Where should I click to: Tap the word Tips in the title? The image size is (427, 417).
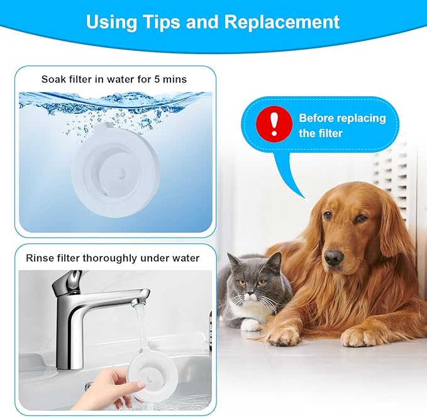(157, 21)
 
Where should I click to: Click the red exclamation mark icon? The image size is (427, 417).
(273, 125)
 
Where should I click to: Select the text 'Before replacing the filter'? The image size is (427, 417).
(341, 125)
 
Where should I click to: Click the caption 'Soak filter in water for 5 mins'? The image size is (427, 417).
(114, 79)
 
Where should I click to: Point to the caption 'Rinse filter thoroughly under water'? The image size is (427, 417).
(113, 258)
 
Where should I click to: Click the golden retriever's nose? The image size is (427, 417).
(333, 257)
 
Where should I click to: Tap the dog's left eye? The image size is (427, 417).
(361, 218)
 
